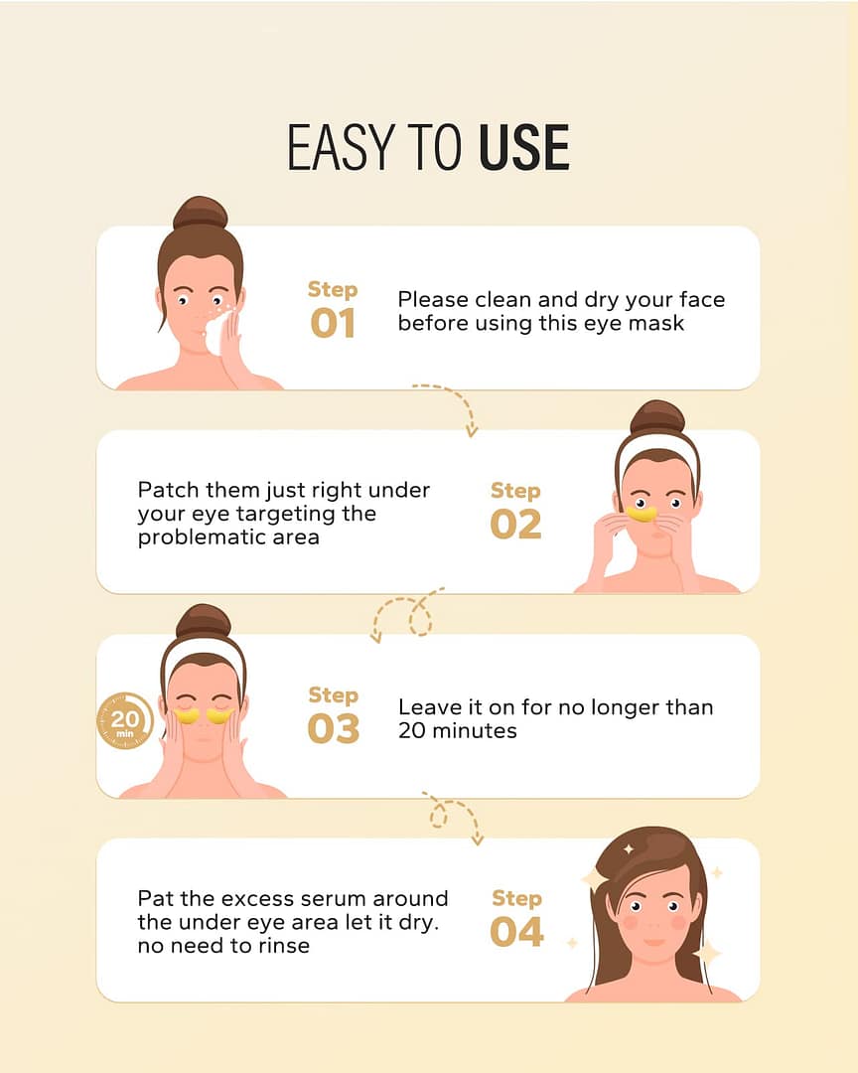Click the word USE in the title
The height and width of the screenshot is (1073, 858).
pos(524,147)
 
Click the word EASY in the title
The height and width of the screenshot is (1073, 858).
pos(341,147)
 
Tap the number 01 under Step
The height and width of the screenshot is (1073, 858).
pos(333,323)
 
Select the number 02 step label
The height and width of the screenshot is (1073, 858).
pos(516,525)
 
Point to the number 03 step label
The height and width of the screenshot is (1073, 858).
pos(334,729)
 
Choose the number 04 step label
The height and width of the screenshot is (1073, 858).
pos(516,932)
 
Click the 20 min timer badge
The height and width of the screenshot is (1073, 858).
pos(124,720)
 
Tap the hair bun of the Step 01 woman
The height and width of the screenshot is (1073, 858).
pos(200,213)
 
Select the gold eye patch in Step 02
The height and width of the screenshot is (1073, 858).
pos(642,513)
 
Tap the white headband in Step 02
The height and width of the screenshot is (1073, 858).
pos(657,445)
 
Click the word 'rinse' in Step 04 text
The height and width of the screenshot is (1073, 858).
pos(283,947)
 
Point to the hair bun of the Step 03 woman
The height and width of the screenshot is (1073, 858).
pos(204,621)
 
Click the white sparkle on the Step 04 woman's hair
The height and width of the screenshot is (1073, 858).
pos(628,849)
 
